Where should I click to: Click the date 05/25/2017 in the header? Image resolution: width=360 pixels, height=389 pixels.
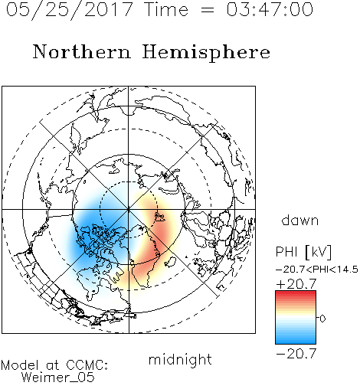click(x=70, y=10)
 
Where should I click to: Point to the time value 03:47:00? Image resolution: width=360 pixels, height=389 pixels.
click(x=270, y=9)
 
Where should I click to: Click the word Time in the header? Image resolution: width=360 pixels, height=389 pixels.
click(x=166, y=9)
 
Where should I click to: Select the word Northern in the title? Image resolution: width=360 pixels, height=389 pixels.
click(x=82, y=51)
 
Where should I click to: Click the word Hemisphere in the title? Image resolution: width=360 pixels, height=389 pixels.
click(x=206, y=53)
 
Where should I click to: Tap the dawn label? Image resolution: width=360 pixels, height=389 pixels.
click(x=299, y=220)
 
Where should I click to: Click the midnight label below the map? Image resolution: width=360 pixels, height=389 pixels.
click(x=180, y=360)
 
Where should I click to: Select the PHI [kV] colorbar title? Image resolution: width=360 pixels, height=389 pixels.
click(x=303, y=252)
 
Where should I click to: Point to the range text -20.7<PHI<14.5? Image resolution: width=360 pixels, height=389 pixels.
click(x=317, y=270)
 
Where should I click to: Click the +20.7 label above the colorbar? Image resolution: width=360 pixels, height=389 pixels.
click(x=296, y=284)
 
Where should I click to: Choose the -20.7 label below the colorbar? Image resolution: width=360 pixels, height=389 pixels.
click(x=296, y=354)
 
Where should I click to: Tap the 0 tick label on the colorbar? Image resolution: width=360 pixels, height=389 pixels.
click(x=322, y=319)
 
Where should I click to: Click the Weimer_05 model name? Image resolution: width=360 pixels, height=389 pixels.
click(x=58, y=378)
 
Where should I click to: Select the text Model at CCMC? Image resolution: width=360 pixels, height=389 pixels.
click(x=54, y=365)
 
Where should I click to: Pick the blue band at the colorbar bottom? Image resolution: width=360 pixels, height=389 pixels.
click(x=296, y=339)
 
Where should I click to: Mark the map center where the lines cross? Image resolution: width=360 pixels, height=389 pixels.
click(x=129, y=210)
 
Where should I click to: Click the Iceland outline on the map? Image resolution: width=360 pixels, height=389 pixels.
click(x=170, y=262)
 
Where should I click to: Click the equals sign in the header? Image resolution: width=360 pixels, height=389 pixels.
click(x=208, y=10)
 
